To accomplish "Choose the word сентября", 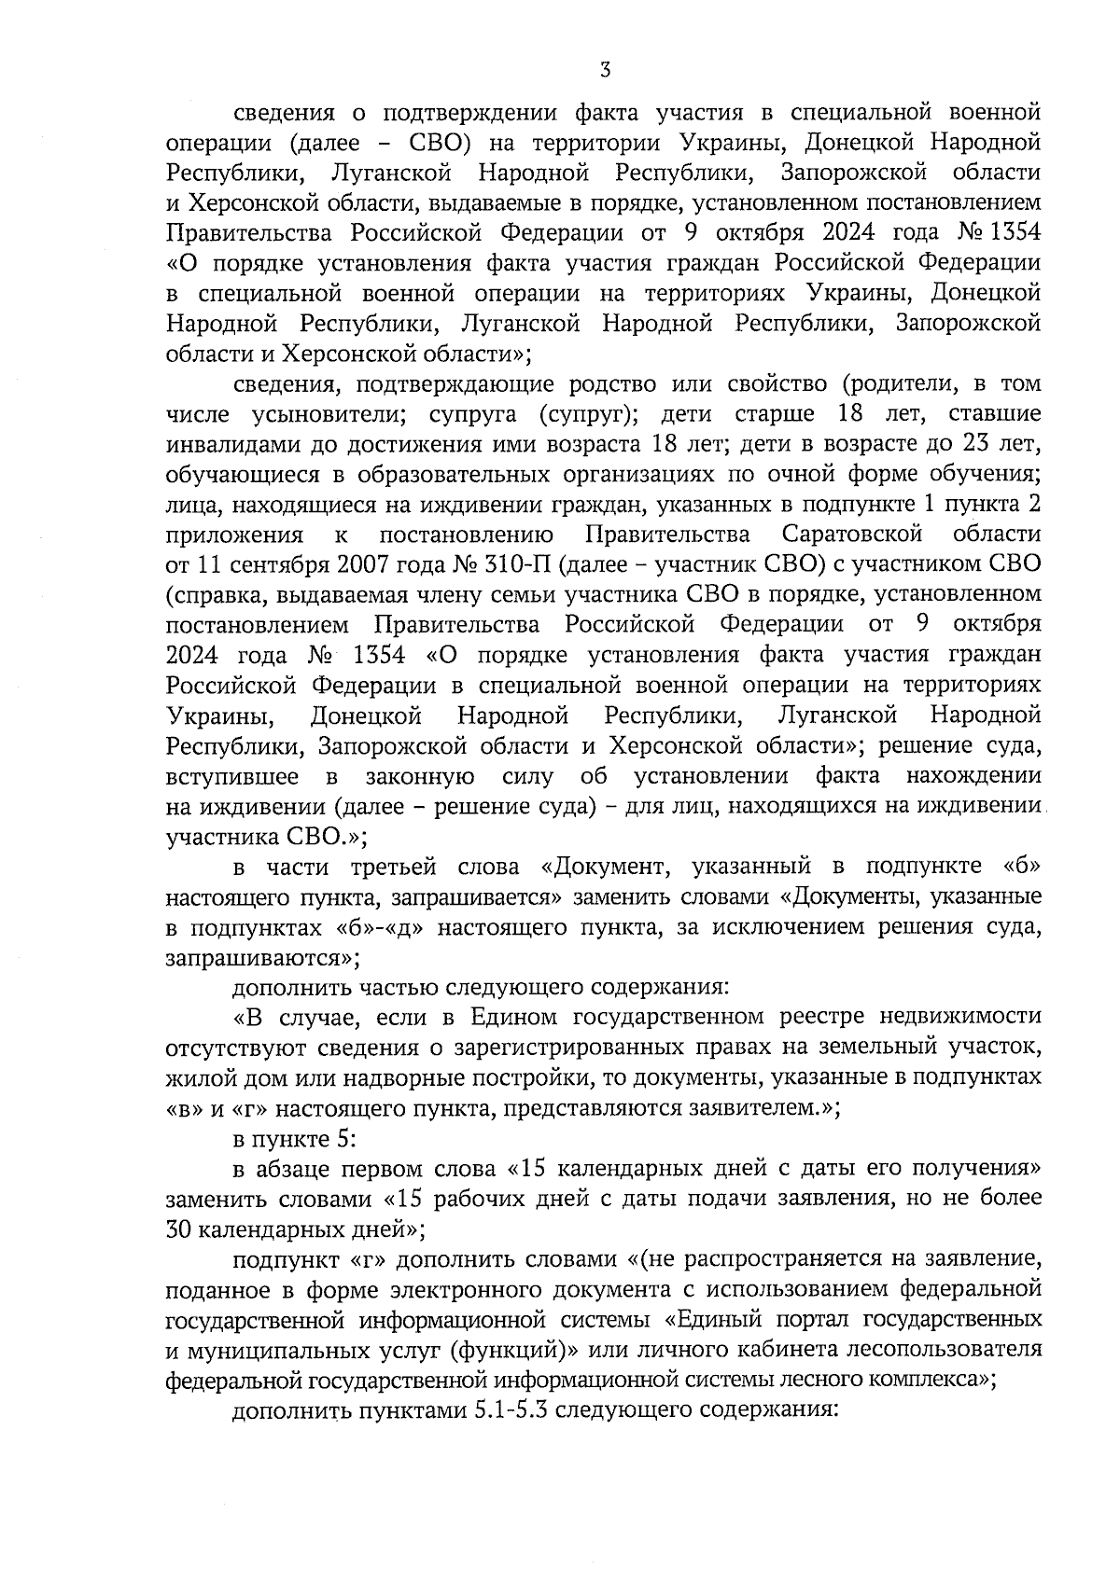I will [x=256, y=564].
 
